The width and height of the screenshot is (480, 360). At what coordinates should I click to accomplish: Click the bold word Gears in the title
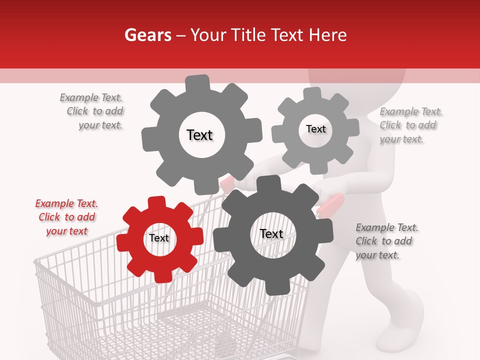[x=147, y=35]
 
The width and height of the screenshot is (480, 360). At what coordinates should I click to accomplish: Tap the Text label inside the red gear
[x=159, y=238]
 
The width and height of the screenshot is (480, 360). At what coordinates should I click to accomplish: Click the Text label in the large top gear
[x=199, y=135]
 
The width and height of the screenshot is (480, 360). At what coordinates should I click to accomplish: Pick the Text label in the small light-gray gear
[x=315, y=129]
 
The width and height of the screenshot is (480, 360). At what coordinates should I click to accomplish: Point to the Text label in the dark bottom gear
[x=271, y=234]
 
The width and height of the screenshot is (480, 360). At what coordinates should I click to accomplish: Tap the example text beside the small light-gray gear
[x=410, y=125]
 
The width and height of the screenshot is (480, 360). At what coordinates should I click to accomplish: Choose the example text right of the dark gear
[x=386, y=241]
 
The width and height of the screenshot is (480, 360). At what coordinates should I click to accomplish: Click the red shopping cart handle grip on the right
[x=331, y=204]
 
